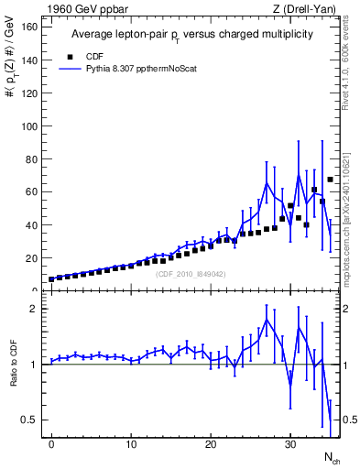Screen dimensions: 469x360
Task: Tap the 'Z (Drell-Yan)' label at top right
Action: tap(305, 9)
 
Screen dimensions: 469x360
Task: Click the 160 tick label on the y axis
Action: tap(30, 27)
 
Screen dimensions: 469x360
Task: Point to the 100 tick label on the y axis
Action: tap(30, 125)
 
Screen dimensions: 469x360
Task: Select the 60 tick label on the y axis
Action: tap(33, 191)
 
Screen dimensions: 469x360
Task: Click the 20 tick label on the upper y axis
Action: tap(33, 258)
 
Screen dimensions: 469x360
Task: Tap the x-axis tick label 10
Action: tap(131, 444)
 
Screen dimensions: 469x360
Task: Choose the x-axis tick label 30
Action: tap(290, 444)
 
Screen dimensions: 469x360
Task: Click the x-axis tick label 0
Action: tap(51, 444)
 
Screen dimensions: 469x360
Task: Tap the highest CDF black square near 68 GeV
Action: tap(330, 180)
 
